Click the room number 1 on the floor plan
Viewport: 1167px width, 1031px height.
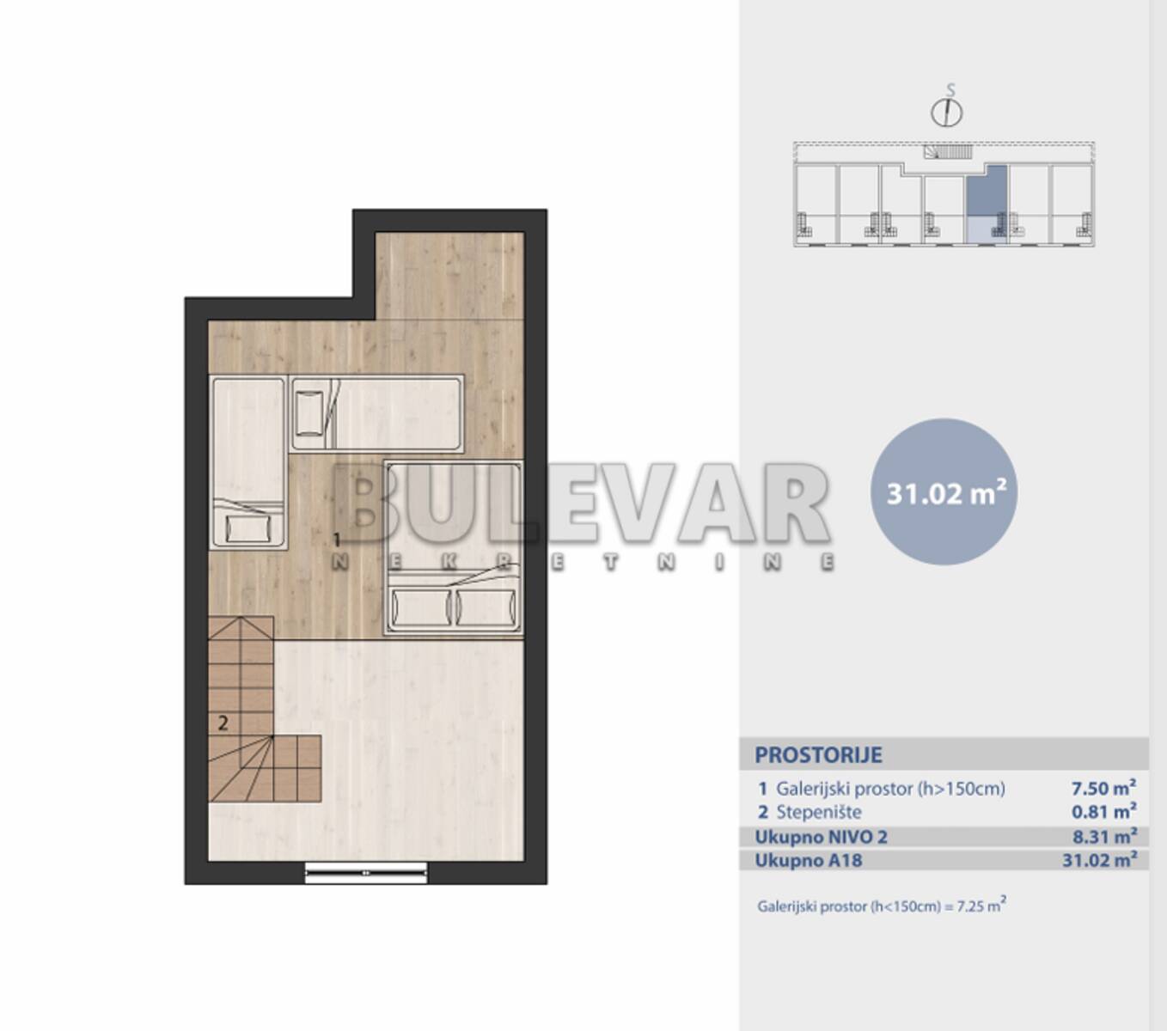[x=337, y=540]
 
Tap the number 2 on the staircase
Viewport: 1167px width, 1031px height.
[x=223, y=723]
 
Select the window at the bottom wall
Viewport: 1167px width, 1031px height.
[x=366, y=873]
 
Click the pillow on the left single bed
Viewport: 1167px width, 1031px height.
[x=248, y=528]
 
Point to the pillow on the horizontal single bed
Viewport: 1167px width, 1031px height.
[x=309, y=413]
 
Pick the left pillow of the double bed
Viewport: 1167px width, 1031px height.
[x=421, y=607]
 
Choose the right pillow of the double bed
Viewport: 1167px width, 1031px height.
[x=486, y=607]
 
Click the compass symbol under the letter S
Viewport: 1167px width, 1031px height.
[x=947, y=113]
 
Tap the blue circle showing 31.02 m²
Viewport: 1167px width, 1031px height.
[x=944, y=492]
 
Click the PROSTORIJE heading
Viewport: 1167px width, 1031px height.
[x=818, y=755]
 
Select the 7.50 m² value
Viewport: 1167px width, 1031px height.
[x=1103, y=787]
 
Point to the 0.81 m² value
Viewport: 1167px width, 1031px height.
[x=1103, y=812]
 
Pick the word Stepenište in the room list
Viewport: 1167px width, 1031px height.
[x=819, y=812]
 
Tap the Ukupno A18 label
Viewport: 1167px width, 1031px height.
[x=809, y=861]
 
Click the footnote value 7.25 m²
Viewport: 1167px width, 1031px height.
[x=981, y=906]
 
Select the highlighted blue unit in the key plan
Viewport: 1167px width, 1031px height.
[x=987, y=204]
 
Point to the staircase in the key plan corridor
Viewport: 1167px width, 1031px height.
[x=948, y=152]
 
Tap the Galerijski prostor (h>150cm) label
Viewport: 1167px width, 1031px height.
[x=890, y=789]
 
